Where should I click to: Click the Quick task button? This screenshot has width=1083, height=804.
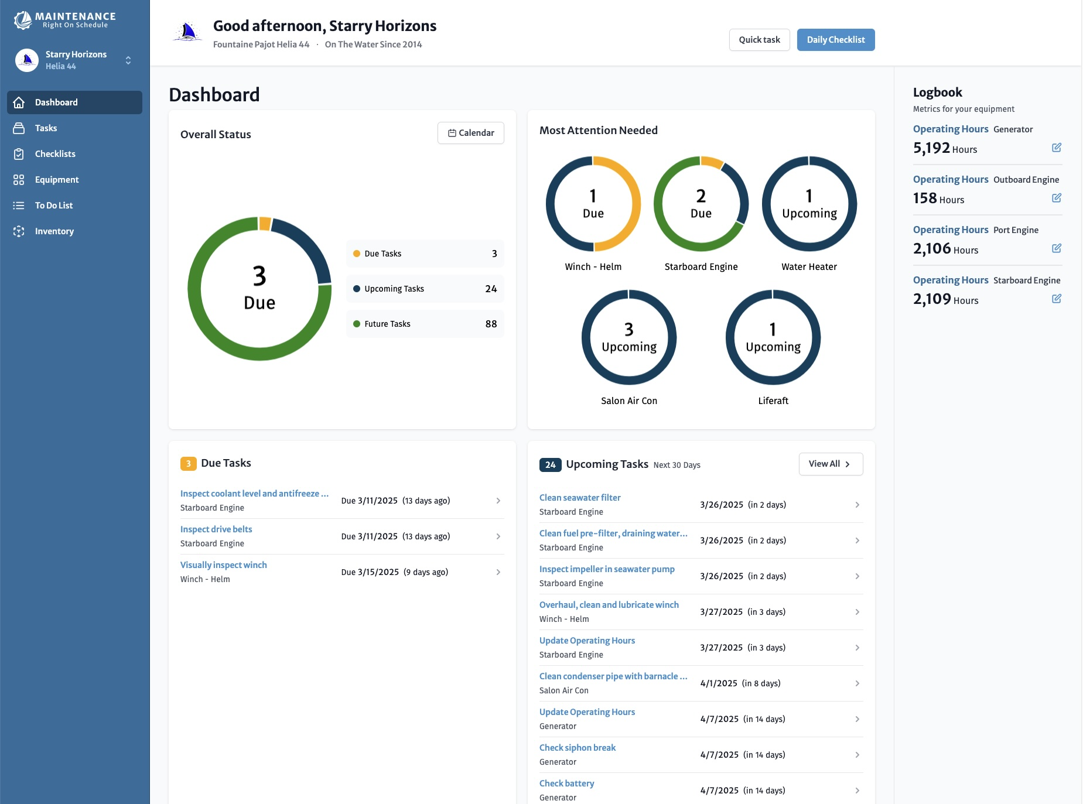click(759, 40)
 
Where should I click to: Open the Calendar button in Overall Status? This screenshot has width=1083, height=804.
click(470, 133)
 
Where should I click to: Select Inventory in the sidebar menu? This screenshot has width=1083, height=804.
click(54, 231)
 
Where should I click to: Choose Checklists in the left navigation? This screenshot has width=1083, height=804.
click(55, 154)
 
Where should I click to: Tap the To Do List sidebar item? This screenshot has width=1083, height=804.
click(54, 206)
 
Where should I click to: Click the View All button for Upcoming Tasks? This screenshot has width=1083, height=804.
click(830, 464)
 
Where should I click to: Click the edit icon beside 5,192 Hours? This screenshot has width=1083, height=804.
click(1056, 148)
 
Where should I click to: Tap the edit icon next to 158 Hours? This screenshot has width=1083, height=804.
click(1056, 198)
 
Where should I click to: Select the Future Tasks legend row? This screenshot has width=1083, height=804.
click(425, 324)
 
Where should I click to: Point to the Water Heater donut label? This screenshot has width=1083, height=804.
click(809, 267)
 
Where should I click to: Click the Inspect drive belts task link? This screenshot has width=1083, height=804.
click(216, 529)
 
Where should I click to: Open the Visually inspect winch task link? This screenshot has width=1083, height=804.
click(223, 565)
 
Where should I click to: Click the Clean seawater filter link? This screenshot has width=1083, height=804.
click(579, 498)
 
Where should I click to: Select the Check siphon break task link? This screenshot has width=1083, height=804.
click(577, 748)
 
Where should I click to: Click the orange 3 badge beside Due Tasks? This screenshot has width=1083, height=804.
click(188, 464)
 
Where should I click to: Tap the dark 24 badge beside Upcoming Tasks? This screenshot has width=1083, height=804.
click(550, 465)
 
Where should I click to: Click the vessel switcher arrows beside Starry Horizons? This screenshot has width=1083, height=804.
click(128, 60)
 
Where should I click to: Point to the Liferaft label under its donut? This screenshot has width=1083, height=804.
click(773, 401)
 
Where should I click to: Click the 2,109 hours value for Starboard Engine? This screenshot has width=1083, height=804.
click(932, 299)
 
